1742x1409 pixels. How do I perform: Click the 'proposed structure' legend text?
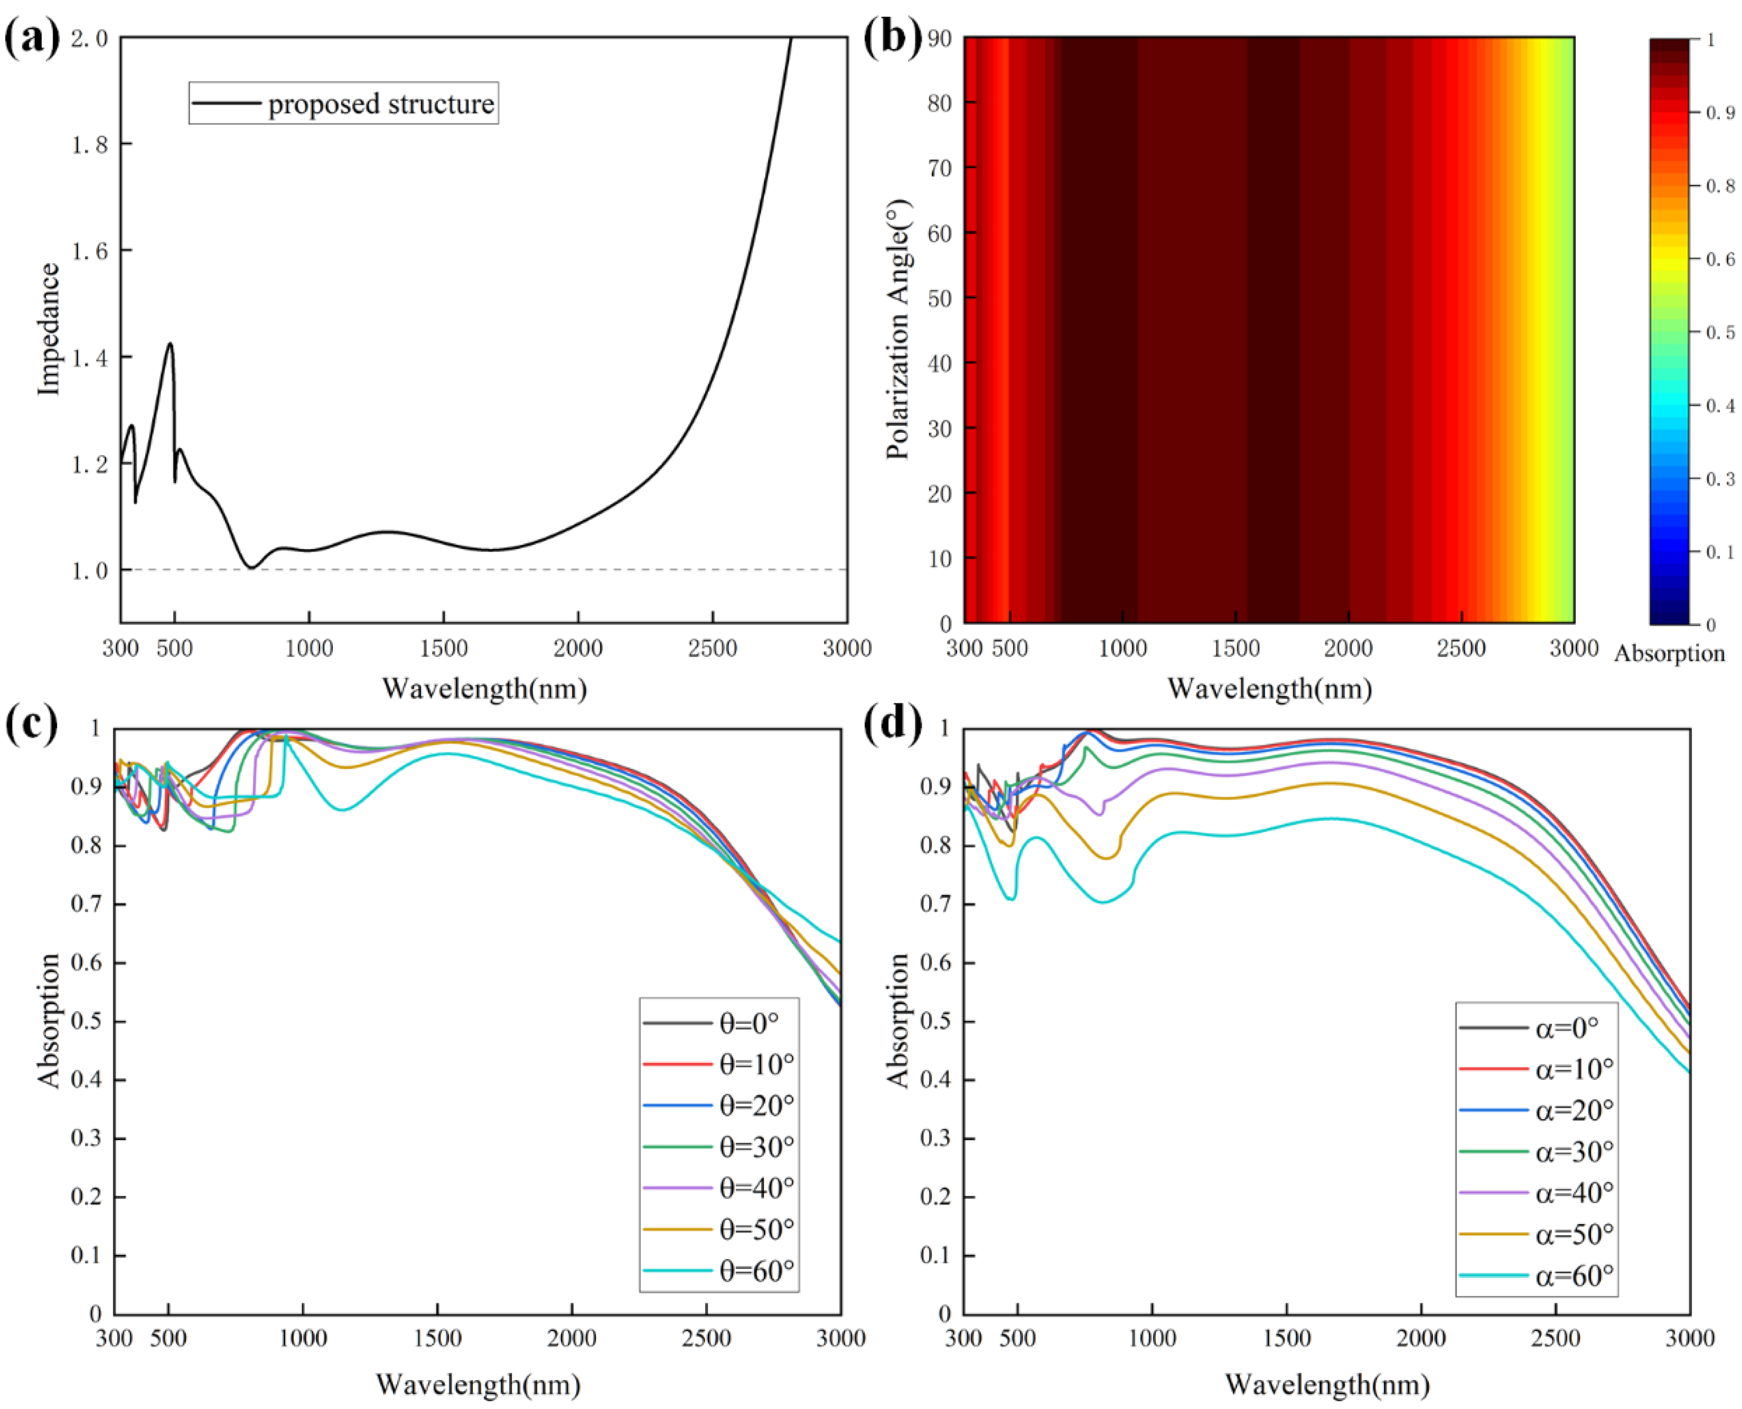pos(381,104)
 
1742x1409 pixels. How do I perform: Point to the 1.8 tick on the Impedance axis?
pos(89,145)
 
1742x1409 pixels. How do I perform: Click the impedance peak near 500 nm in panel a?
pos(169,344)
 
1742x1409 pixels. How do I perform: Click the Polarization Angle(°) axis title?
pos(899,329)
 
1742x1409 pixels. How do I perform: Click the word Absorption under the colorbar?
pos(1669,654)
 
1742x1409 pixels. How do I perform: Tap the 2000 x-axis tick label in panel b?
pos(1348,648)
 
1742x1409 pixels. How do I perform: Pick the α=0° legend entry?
pos(1567,1027)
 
